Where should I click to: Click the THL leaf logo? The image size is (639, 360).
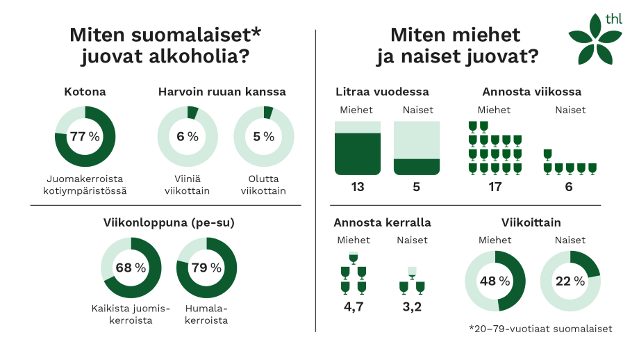(592, 40)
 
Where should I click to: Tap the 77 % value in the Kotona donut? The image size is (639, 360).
(85, 136)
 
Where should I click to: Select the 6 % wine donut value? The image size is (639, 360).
(188, 136)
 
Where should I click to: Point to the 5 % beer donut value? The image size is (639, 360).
(264, 136)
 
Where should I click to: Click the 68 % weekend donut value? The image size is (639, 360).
(131, 268)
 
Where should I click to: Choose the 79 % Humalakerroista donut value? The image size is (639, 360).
(207, 268)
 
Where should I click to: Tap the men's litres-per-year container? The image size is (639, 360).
(358, 147)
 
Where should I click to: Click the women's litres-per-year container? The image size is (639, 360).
(417, 147)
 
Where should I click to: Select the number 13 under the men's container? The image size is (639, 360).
(358, 186)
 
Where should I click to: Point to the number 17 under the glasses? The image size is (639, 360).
(495, 186)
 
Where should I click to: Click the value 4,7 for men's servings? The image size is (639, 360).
(352, 306)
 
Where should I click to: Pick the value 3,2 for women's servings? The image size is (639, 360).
(412, 306)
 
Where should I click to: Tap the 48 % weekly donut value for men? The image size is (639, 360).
(495, 281)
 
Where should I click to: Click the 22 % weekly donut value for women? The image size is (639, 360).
(570, 281)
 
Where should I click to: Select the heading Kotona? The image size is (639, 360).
(85, 92)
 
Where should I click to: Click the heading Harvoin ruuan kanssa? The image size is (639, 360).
(222, 92)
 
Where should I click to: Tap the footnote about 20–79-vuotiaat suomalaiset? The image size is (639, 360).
(540, 329)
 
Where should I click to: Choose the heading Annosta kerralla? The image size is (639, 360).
(382, 223)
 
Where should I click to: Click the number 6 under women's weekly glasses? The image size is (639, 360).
(570, 186)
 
